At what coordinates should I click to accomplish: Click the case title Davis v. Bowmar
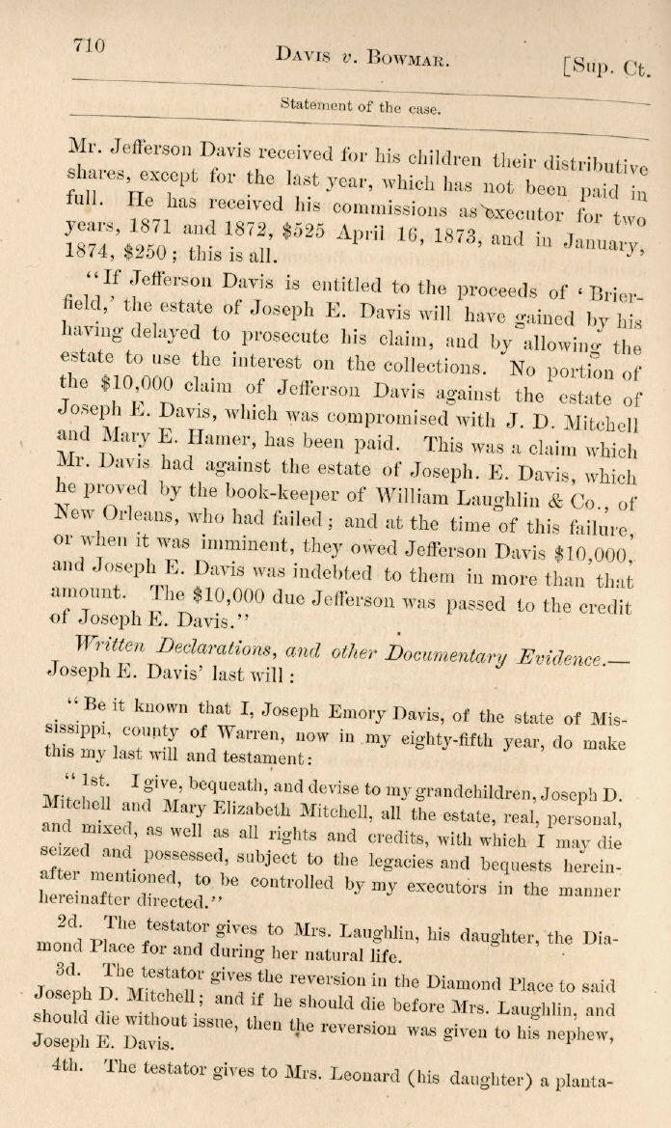coord(362,57)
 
